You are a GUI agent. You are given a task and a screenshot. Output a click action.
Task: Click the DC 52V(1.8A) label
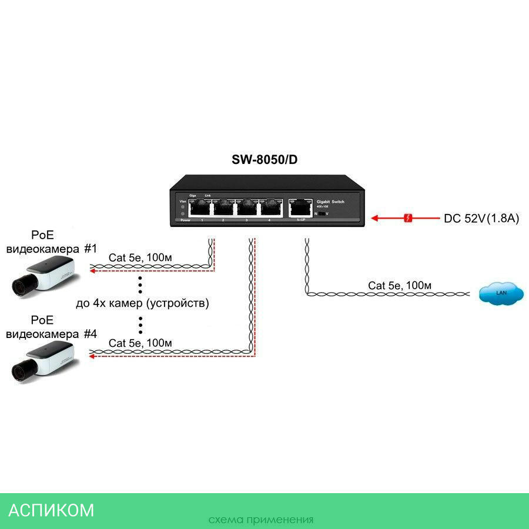pyautogui.click(x=481, y=219)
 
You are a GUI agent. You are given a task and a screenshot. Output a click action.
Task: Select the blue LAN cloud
pyautogui.click(x=501, y=293)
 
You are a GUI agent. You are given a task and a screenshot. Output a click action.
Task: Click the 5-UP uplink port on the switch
pyautogui.click(x=300, y=207)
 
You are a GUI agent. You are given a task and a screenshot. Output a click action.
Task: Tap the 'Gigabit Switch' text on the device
pyautogui.click(x=331, y=202)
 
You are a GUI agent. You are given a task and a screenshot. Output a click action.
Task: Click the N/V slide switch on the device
pyautogui.click(x=322, y=214)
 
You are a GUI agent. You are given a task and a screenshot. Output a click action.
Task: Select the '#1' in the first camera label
pyautogui.click(x=90, y=249)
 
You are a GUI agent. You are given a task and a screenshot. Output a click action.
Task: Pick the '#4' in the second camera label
pyautogui.click(x=90, y=334)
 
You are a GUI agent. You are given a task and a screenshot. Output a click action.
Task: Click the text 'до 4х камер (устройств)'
pyautogui.click(x=142, y=304)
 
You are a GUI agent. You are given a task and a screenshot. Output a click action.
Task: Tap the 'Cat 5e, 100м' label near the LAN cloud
pyautogui.click(x=400, y=286)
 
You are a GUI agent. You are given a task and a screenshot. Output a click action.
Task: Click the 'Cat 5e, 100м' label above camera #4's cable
pyautogui.click(x=140, y=343)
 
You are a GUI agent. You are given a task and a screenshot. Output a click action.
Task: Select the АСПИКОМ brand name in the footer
pyautogui.click(x=51, y=510)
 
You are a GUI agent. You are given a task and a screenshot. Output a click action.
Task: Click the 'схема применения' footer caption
pyautogui.click(x=260, y=520)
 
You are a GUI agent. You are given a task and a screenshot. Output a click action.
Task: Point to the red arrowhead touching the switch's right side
pyautogui.click(x=375, y=219)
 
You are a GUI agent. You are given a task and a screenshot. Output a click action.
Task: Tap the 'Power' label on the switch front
pyautogui.click(x=186, y=220)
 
